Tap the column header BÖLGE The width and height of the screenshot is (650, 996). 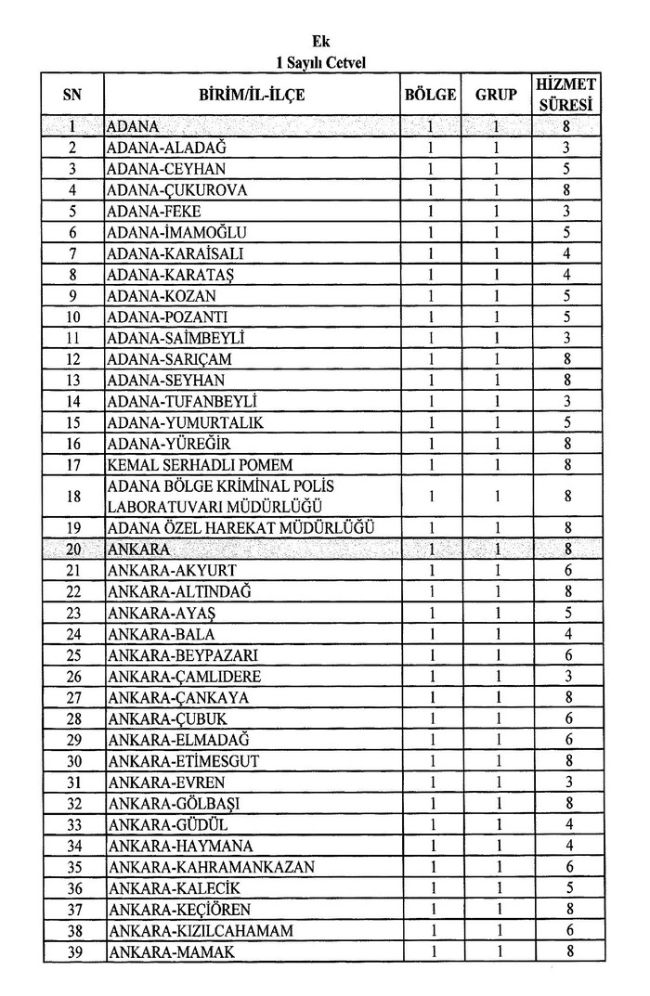(x=431, y=95)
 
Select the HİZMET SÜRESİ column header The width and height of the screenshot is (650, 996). (x=565, y=95)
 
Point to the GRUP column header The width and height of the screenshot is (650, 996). (x=496, y=95)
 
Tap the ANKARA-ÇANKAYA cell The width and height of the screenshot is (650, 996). (x=170, y=697)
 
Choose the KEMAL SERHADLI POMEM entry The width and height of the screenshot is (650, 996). (x=188, y=464)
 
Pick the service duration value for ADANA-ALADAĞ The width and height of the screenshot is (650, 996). (x=565, y=148)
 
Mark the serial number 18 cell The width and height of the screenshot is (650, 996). (x=73, y=496)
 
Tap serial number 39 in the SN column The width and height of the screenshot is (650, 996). (x=73, y=951)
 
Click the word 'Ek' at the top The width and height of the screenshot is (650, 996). (x=321, y=42)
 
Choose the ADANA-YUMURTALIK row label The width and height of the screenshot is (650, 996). (x=179, y=422)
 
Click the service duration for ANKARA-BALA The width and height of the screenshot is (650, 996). (x=565, y=634)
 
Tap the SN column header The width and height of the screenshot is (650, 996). (x=73, y=95)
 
